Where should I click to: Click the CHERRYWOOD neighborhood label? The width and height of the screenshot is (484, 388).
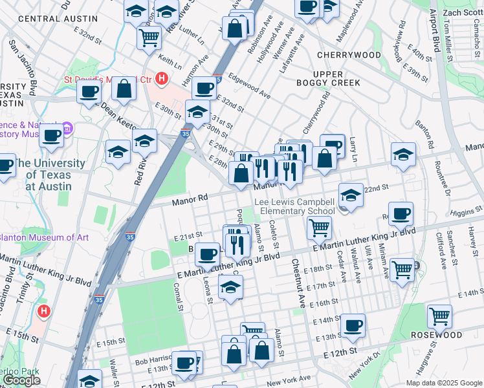349,55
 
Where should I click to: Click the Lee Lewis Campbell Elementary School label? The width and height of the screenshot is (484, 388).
294,206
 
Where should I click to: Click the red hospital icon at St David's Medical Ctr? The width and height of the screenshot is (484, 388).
162,80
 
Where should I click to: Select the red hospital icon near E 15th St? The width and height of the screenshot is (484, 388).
43,311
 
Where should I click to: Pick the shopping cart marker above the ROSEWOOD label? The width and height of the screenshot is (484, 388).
440,316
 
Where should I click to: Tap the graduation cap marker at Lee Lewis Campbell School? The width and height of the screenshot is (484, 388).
351,194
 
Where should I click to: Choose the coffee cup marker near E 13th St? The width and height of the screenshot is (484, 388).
353,325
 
